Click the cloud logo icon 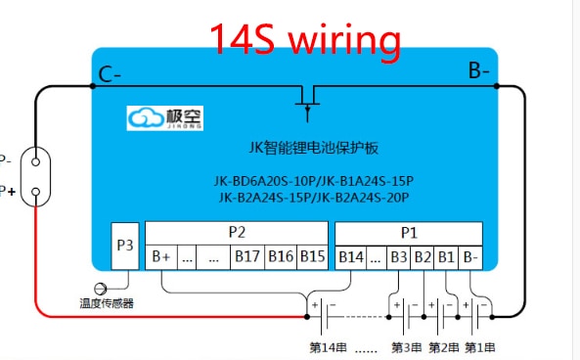coord(147,117)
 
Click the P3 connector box coord(125,246)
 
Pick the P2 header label coord(237,233)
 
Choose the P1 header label coord(408,233)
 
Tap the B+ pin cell coord(161,257)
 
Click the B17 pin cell coord(245,257)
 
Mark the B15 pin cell coord(312,257)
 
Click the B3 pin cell coord(398,257)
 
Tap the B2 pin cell coord(423,257)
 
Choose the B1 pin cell coord(446,257)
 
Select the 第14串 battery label coord(328,347)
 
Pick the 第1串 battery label coord(478,347)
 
